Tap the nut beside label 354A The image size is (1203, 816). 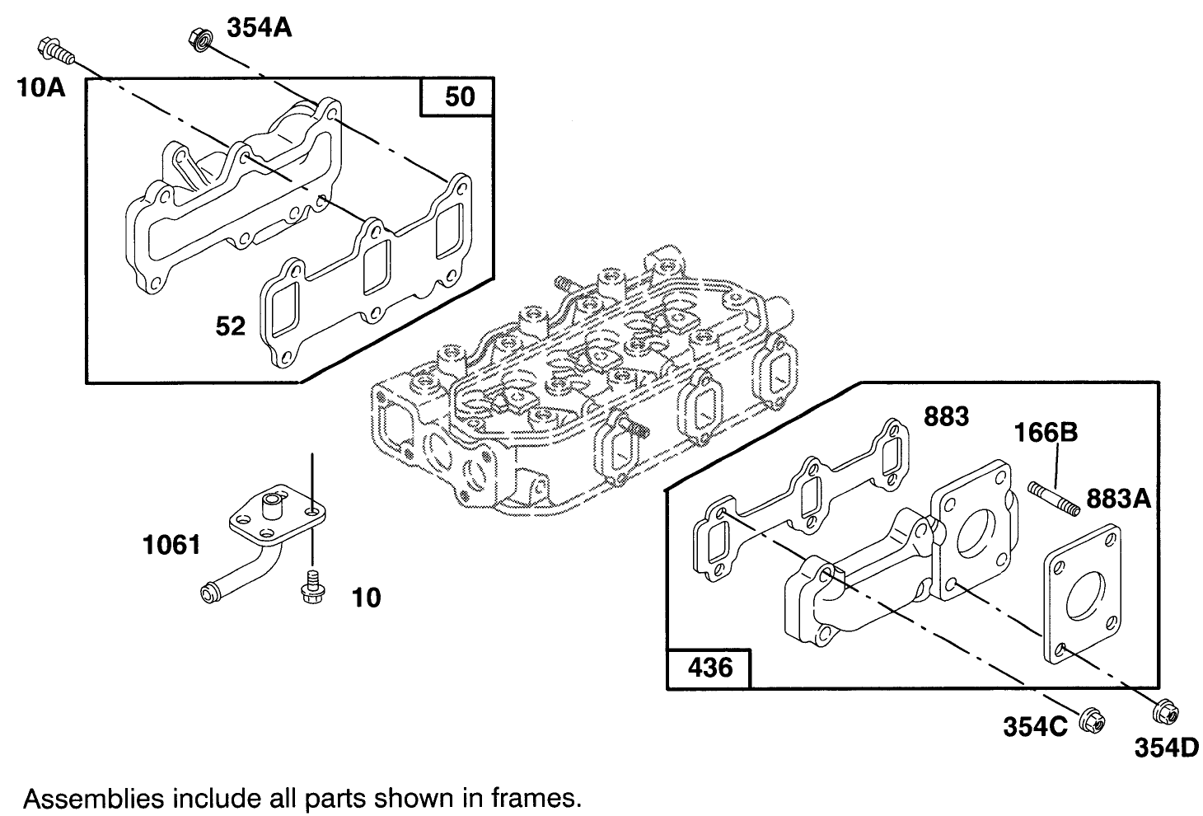[198, 39]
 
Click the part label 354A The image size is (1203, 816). [260, 28]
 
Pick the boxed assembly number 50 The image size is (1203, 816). [459, 96]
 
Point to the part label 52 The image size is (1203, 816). [231, 326]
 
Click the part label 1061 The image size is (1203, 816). [171, 545]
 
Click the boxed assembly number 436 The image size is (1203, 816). [709, 667]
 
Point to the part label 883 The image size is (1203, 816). [946, 417]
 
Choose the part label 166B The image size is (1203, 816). [1046, 433]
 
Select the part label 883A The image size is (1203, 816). [1118, 498]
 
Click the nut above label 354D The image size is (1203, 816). [1164, 710]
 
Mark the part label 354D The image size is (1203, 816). [1164, 748]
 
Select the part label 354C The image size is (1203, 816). [1035, 726]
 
